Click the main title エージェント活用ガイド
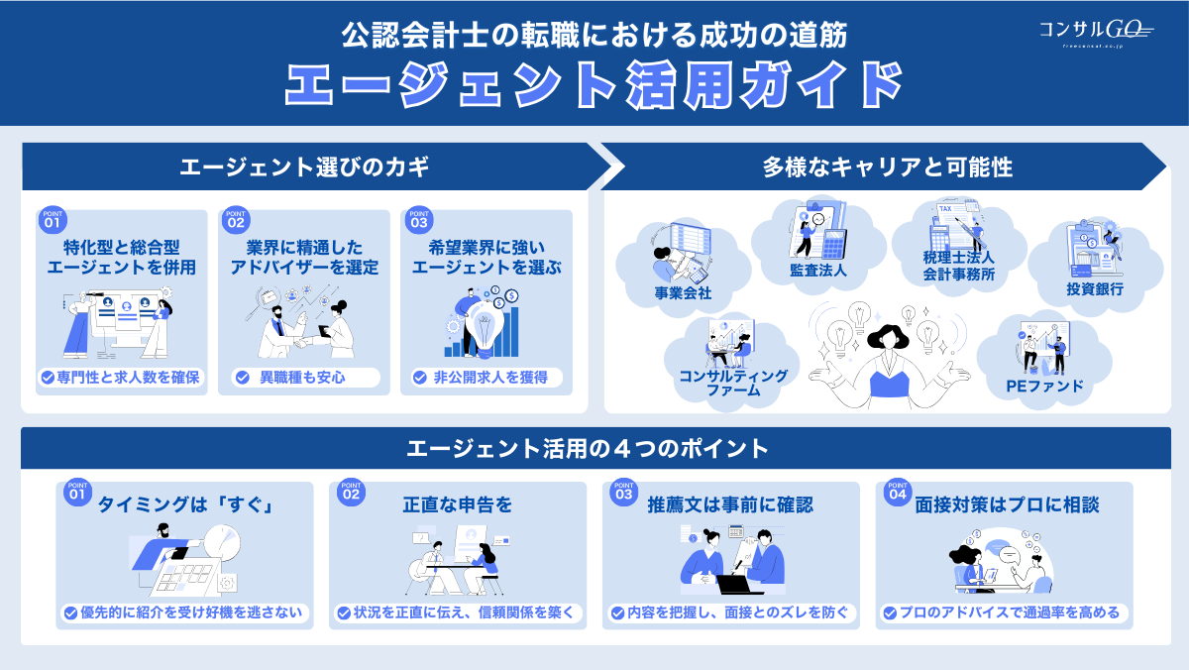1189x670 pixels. click(x=594, y=83)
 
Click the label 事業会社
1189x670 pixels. click(x=683, y=293)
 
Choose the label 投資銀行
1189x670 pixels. click(x=1094, y=290)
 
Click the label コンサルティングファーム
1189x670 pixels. click(x=719, y=383)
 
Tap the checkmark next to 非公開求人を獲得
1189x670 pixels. click(x=419, y=378)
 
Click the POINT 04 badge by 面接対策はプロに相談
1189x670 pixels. click(x=898, y=493)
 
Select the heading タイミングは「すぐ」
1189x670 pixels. click(x=184, y=505)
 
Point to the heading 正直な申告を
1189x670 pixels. click(x=457, y=505)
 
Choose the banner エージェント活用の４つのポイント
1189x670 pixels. click(x=594, y=449)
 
